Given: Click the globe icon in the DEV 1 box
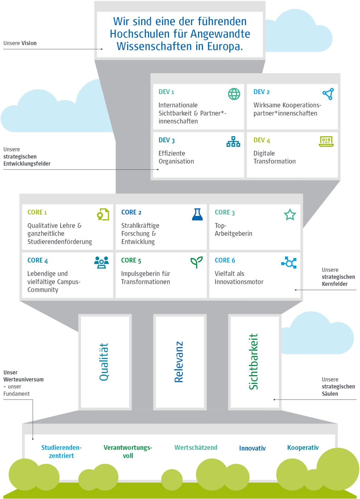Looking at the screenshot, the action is (234, 94).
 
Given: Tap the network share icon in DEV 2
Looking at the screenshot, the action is (328, 94).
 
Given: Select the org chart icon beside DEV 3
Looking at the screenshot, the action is (233, 142).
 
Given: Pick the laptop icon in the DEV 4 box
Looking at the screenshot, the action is (326, 142).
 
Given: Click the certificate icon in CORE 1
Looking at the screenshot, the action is (103, 214).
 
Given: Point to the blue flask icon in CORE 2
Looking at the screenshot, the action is (197, 214).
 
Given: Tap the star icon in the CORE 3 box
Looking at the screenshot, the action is (290, 215).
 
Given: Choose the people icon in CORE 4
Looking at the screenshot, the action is (101, 263).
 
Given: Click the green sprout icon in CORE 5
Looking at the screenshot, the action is (196, 262).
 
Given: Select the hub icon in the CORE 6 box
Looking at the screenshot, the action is (289, 263).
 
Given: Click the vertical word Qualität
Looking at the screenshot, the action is (104, 362).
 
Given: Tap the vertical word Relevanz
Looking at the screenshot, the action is (179, 362).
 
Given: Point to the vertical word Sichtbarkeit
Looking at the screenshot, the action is (253, 362).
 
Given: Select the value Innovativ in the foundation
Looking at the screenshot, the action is (252, 448).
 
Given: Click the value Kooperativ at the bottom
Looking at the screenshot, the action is (303, 448).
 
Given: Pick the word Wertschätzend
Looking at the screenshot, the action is (196, 447).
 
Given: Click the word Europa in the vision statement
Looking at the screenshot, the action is (225, 46).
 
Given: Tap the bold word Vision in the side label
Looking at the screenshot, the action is (29, 43).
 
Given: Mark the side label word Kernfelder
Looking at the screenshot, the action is (334, 284).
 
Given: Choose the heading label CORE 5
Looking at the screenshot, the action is (131, 260).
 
